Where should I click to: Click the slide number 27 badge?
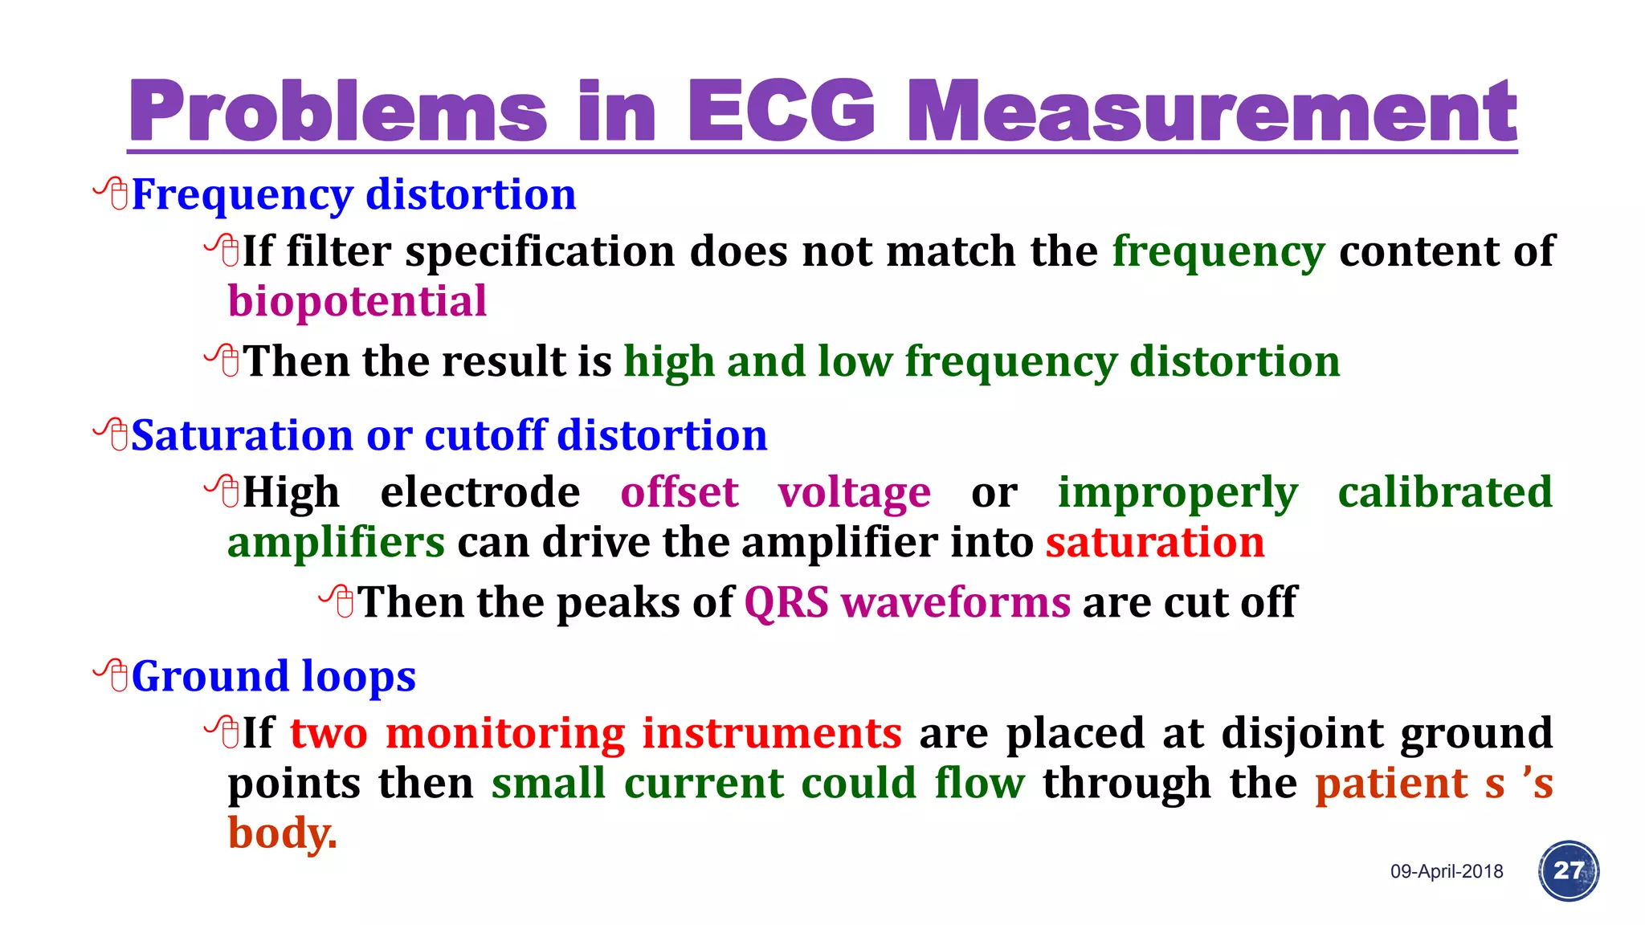point(1568,870)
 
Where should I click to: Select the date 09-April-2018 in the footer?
point(1447,871)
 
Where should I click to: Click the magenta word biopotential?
point(357,302)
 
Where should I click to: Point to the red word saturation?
point(1154,542)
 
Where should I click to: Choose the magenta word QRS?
point(786,602)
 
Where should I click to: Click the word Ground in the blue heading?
point(210,676)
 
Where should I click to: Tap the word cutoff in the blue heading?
point(485,435)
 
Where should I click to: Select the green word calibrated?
point(1444,492)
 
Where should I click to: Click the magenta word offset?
point(679,492)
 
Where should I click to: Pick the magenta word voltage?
point(854,492)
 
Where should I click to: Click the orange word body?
point(281,833)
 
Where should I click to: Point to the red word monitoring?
point(505,733)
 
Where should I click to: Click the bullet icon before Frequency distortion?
point(112,194)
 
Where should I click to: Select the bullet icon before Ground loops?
point(112,675)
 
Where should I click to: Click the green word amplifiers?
point(336,542)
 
